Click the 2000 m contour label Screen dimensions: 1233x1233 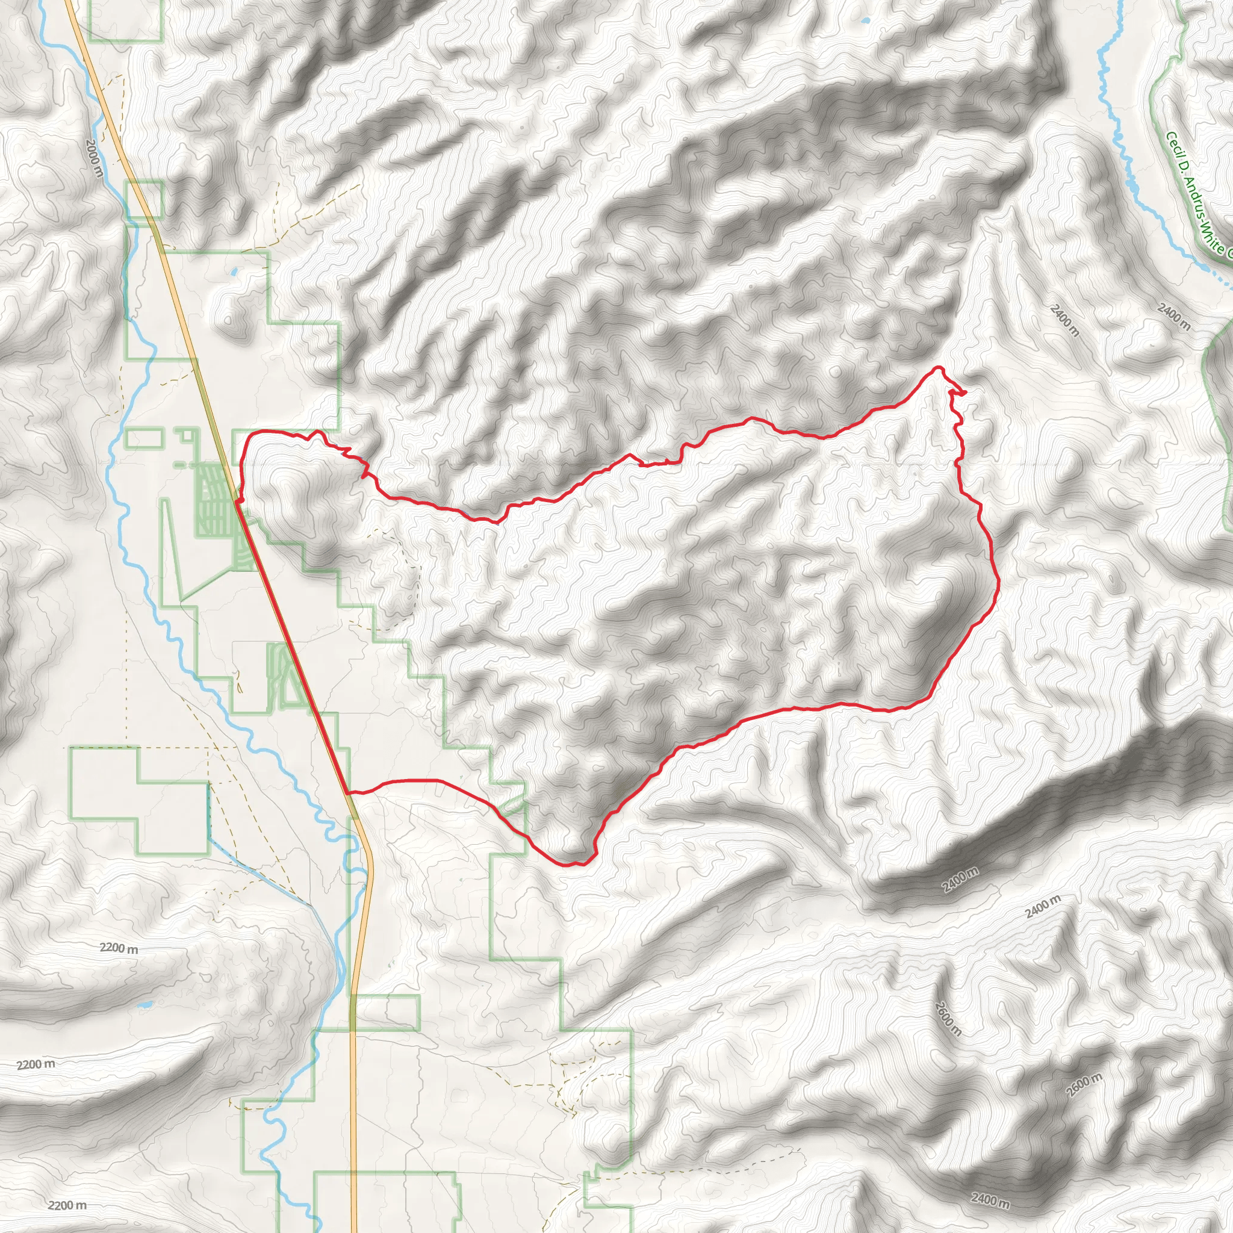(x=93, y=158)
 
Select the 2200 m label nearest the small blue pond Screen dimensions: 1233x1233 (x=119, y=948)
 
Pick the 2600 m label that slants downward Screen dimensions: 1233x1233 (x=948, y=1020)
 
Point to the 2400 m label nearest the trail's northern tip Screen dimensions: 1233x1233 (x=1065, y=321)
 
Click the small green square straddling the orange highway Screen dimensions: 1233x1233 (x=146, y=199)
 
